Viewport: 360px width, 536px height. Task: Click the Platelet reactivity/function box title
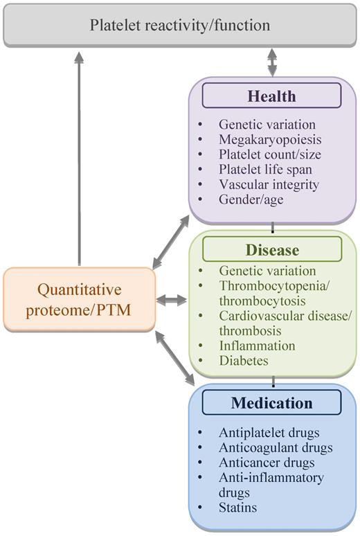(181, 26)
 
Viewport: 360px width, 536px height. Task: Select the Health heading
(271, 96)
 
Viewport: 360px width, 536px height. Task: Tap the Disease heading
(271, 249)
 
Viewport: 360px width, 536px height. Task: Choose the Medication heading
(271, 402)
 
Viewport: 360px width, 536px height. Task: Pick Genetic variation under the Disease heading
(267, 271)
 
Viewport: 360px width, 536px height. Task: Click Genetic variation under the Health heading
(267, 125)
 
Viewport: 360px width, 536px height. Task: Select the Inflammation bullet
(257, 346)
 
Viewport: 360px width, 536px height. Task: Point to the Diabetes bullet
(243, 361)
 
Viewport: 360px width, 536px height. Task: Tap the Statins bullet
(237, 508)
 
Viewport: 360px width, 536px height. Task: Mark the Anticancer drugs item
(267, 463)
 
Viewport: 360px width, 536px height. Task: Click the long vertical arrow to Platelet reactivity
(80, 159)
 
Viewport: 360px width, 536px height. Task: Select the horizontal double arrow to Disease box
(172, 300)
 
